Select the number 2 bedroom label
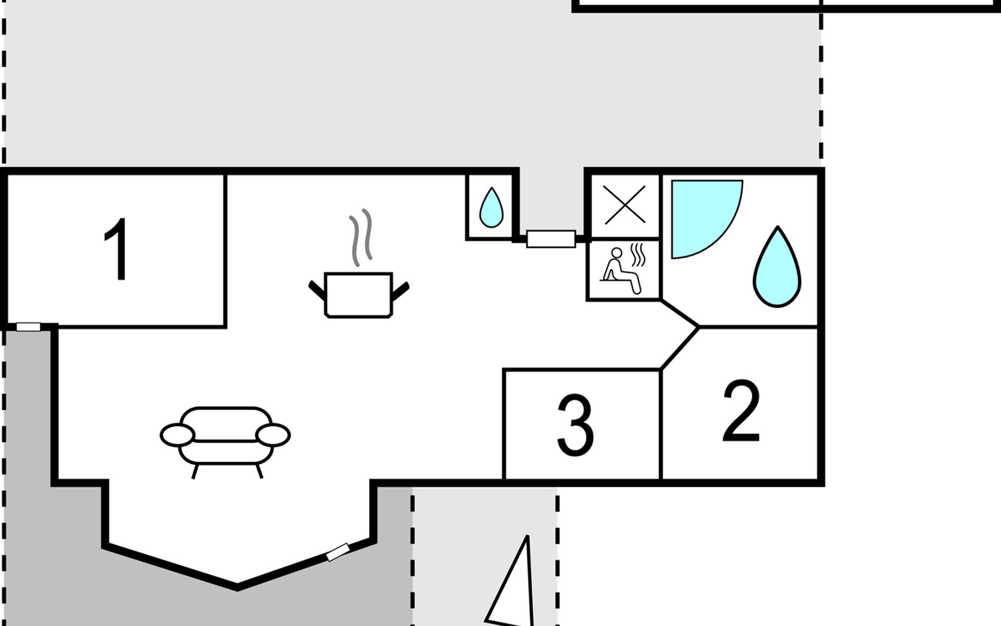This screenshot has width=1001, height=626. (741, 412)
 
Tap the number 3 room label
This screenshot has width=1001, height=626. (575, 425)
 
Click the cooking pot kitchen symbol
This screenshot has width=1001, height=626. (358, 295)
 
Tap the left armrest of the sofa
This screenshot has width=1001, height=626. (177, 435)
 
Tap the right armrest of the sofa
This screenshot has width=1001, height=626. (273, 435)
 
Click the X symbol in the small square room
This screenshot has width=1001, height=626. (625, 206)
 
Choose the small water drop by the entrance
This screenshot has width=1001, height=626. (491, 208)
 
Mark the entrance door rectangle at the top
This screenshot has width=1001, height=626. (551, 239)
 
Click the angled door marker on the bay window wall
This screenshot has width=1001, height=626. (338, 552)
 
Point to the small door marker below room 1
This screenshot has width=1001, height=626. (28, 327)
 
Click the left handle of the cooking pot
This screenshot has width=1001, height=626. (316, 290)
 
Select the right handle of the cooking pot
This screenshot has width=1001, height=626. (400, 290)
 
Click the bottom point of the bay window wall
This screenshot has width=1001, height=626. (237, 587)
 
